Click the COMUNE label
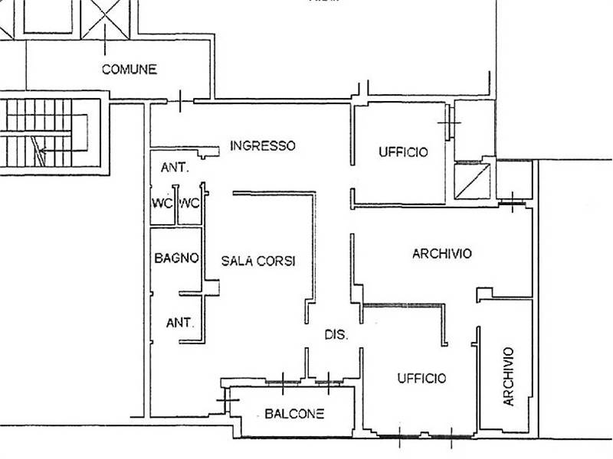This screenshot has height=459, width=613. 129,70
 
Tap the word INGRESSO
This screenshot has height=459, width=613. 263,145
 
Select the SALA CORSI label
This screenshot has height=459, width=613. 258,261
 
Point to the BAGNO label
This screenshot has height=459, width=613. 176,258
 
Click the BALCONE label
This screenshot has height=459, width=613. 294,413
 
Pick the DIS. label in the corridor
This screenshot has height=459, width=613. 336,334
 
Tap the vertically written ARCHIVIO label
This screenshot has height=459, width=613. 508,376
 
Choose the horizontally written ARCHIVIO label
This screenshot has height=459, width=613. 442,254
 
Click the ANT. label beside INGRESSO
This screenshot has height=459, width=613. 175,168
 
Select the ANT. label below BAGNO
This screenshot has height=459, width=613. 180,323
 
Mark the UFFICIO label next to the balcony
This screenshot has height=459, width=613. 421,378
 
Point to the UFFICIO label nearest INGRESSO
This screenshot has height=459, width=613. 404,151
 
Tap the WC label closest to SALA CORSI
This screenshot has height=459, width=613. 189,203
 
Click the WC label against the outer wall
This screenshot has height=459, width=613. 162,203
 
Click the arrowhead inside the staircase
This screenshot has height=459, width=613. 43,150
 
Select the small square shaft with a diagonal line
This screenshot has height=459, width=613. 472,181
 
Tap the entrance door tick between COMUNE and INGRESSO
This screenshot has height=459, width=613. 180,101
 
